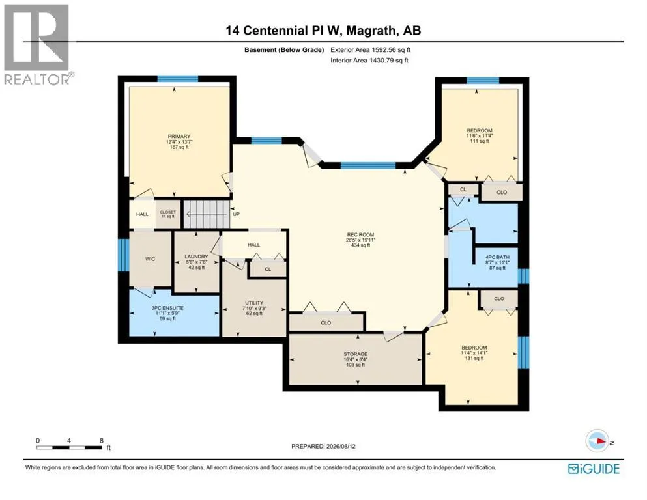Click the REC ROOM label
point(360,234)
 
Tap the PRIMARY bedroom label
point(179,137)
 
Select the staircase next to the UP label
point(207,214)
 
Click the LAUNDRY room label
point(196,257)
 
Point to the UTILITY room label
point(253,303)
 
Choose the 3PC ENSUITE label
point(167,308)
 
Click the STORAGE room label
point(355,354)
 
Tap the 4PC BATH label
point(497,257)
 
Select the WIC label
point(151,259)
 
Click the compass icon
point(597,441)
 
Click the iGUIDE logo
point(594,469)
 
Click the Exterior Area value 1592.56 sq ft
point(391,50)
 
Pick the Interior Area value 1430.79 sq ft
point(389,60)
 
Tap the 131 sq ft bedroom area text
point(474,358)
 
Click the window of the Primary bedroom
point(178,79)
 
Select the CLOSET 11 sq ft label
point(168,214)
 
